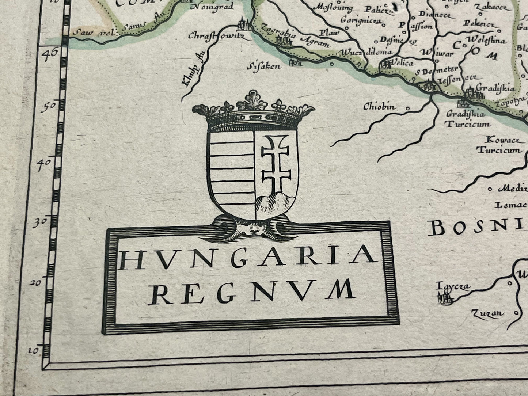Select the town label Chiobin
point(380,107)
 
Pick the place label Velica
point(402,63)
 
